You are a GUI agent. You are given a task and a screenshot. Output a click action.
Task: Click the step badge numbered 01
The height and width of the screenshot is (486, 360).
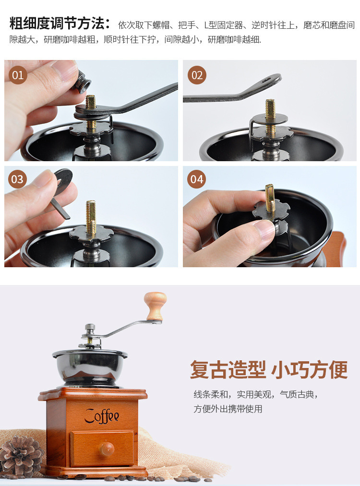tap(18, 75)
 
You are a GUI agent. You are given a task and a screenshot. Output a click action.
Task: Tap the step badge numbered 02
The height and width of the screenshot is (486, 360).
tap(197, 75)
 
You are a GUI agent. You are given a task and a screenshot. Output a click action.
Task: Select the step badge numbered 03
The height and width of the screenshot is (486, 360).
tap(17, 179)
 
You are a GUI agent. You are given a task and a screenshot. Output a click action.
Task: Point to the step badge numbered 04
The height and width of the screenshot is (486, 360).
tap(197, 179)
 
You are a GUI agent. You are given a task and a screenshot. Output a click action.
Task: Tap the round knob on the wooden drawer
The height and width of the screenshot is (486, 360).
tap(107, 448)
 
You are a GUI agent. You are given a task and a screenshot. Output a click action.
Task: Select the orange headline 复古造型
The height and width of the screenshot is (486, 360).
tap(228, 369)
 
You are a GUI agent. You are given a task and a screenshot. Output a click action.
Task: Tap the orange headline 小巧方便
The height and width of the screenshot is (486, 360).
tap(310, 369)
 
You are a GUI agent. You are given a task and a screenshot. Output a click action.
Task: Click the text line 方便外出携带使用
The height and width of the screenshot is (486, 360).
tap(228, 409)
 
